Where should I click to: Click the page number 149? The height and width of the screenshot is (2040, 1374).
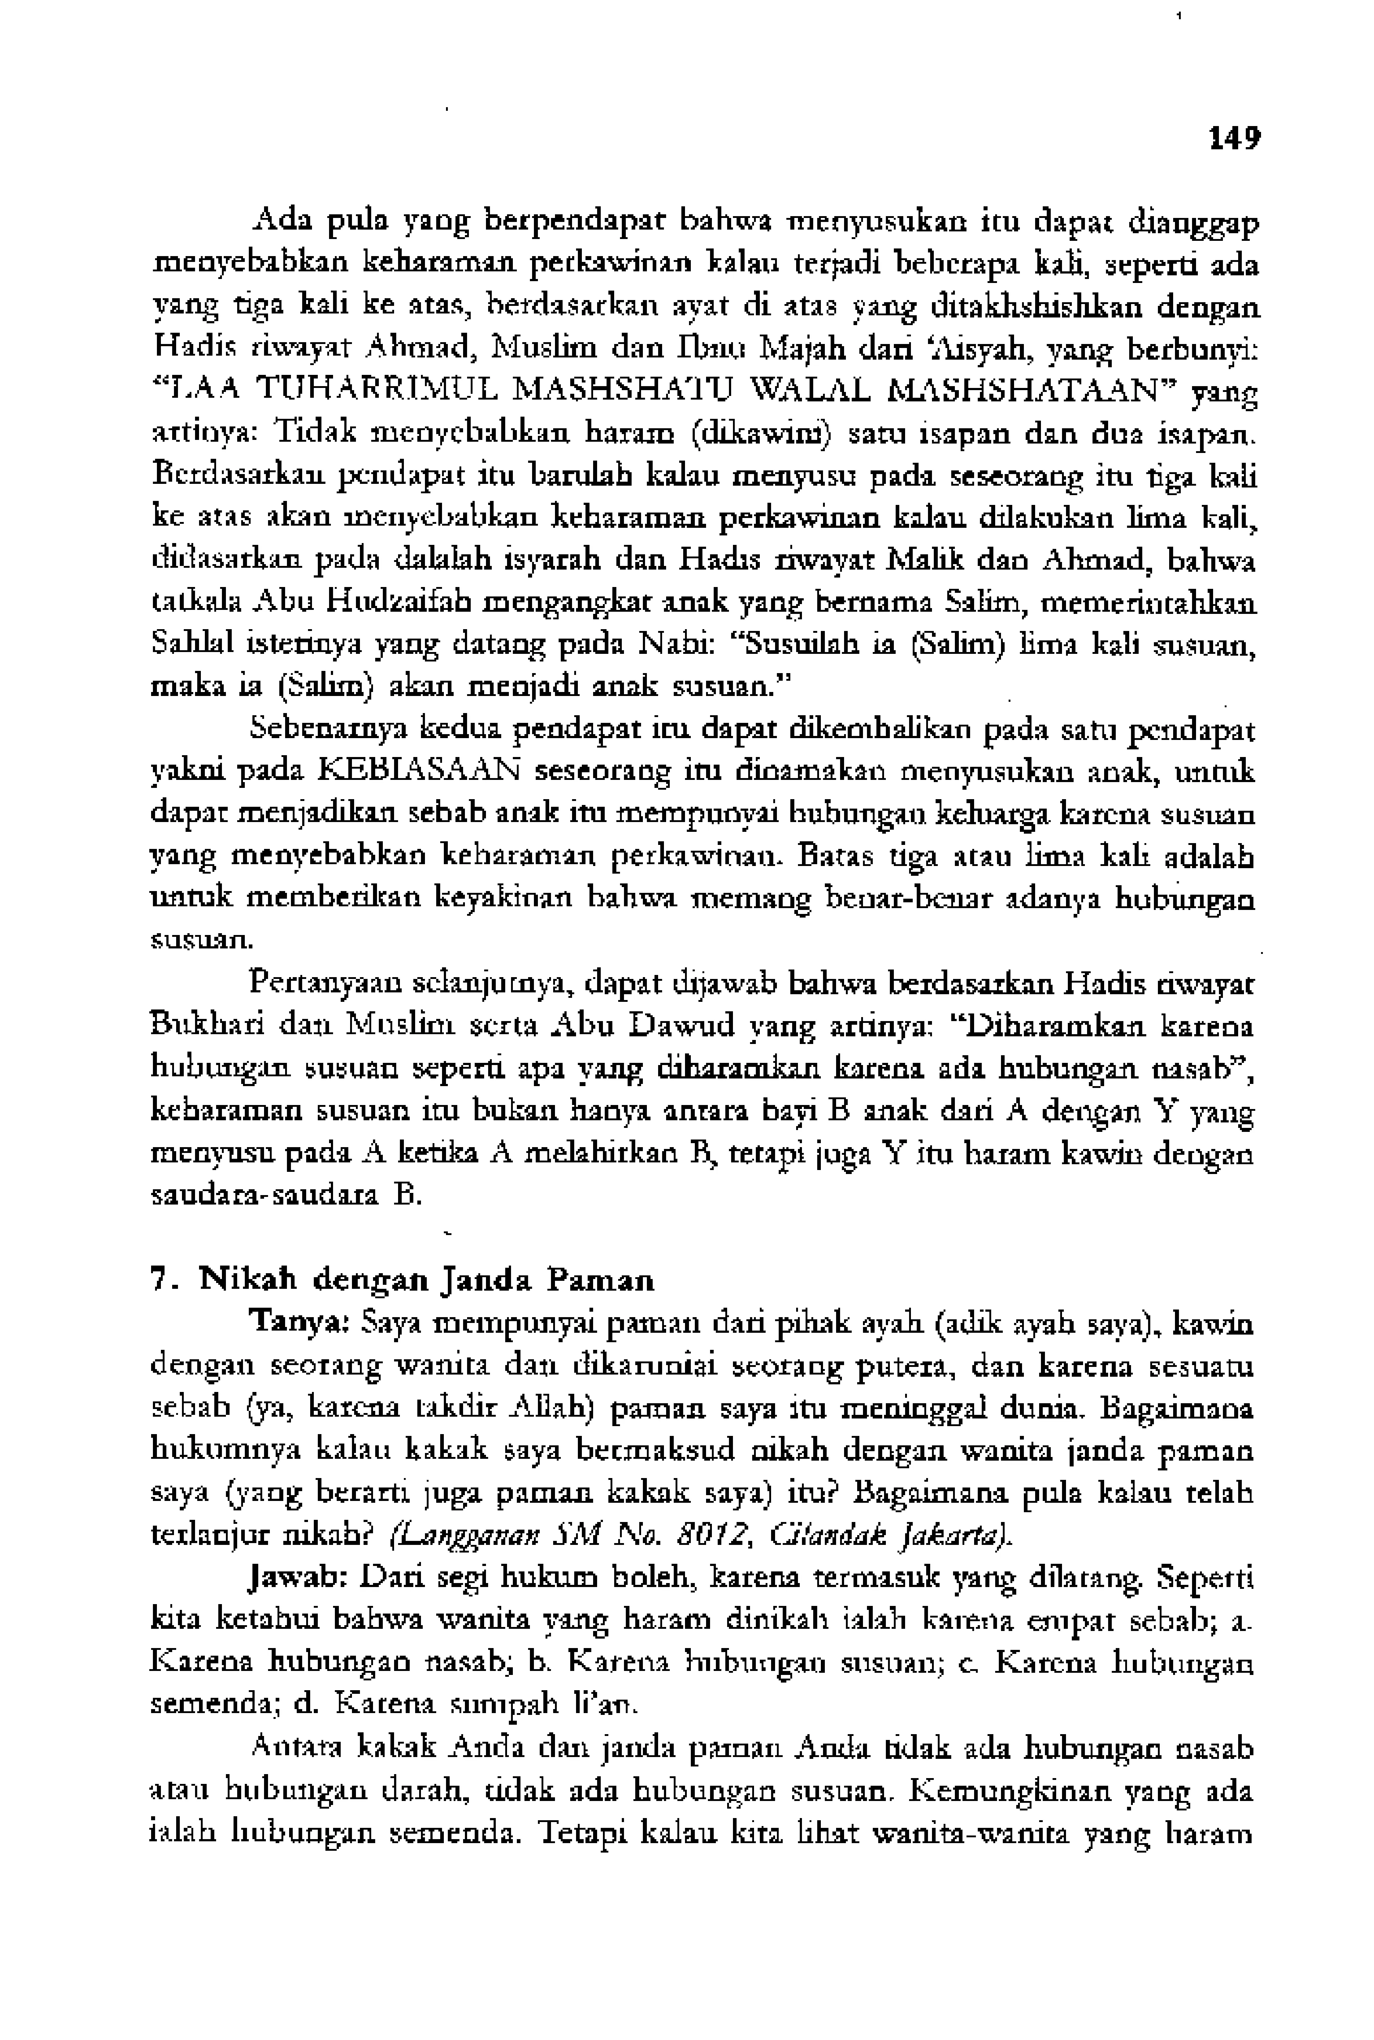(x=1234, y=138)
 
